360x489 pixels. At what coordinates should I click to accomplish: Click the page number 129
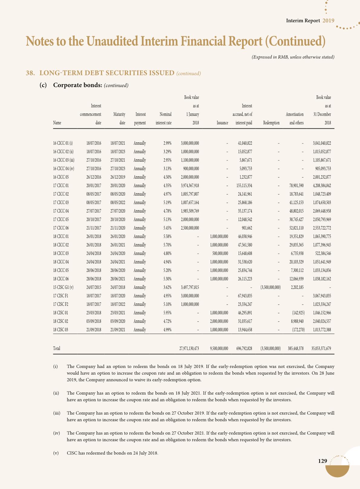(322, 461)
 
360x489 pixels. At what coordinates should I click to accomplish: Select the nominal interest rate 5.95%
(167, 313)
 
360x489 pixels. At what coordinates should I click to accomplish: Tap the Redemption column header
(271, 123)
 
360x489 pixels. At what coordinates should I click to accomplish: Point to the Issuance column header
(222, 123)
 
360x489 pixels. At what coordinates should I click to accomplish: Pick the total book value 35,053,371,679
(321, 349)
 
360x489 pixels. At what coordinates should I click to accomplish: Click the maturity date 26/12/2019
(118, 177)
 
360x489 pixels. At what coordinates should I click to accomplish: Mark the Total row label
(57, 349)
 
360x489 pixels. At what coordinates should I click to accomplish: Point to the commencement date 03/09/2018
(94, 321)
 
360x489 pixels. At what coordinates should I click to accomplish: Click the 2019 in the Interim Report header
(328, 21)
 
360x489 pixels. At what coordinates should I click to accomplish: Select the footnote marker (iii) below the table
(57, 413)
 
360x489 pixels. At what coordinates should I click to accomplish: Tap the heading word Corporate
(67, 85)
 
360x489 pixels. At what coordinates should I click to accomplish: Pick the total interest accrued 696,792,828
(244, 349)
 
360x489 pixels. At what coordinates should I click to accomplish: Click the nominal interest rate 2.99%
(167, 143)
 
